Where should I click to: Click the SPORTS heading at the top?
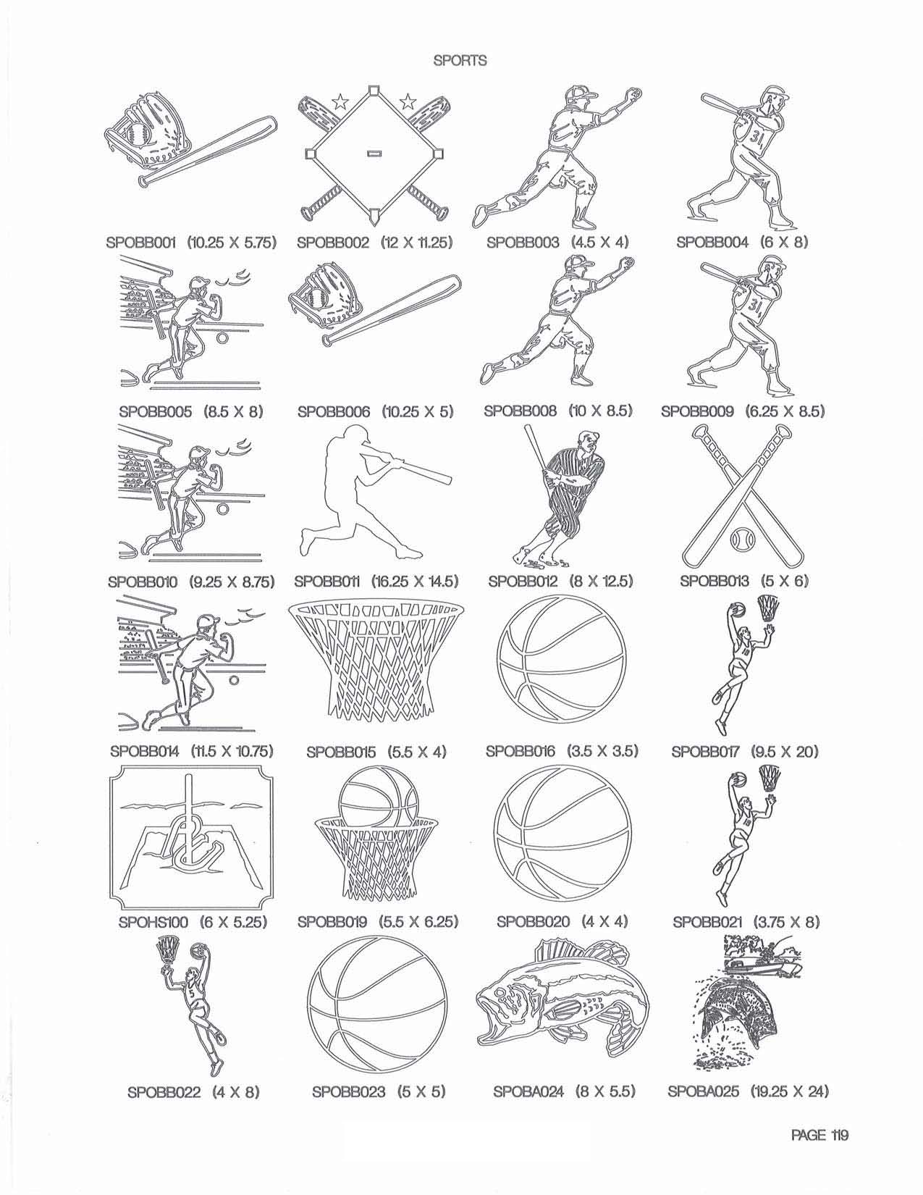[x=460, y=61]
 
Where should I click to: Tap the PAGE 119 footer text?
[x=819, y=1134]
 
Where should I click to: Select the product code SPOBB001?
[x=140, y=242]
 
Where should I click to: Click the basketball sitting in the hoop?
[x=378, y=799]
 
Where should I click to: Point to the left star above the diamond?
[x=341, y=101]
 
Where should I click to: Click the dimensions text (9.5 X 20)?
[x=785, y=751]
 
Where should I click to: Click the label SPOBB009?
[x=697, y=411]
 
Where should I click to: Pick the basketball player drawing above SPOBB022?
[x=193, y=1011]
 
